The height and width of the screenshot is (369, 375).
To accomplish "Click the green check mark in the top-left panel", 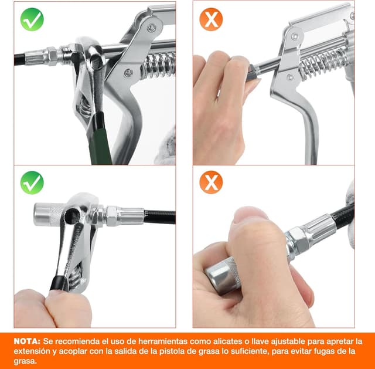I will pyautogui.click(x=32, y=20).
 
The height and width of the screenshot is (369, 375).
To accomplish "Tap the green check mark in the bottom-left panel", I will pyautogui.click(x=32, y=182).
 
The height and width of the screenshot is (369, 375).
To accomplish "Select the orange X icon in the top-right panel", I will pyautogui.click(x=211, y=20).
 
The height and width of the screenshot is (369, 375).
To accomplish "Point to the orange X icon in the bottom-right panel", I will pyautogui.click(x=211, y=182).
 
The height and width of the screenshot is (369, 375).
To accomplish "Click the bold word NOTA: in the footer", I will pyautogui.click(x=28, y=341).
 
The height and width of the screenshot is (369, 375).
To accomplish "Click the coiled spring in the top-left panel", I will pyautogui.click(x=157, y=65).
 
